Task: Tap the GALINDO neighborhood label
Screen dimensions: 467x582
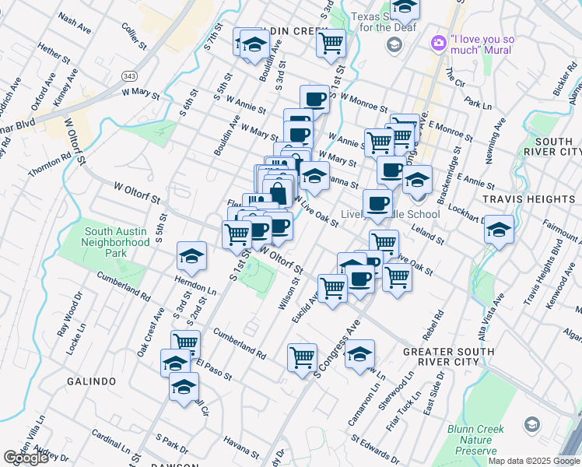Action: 91,381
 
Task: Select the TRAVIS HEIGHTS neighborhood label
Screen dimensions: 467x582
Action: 528,199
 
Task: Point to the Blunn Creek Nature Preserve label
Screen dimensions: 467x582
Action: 475,440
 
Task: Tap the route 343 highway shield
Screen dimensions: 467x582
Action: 129,75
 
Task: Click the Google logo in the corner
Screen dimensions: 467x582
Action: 26,458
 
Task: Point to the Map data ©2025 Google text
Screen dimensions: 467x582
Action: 534,461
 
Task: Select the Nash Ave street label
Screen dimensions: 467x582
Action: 75,20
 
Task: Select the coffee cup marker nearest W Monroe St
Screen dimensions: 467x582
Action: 314,99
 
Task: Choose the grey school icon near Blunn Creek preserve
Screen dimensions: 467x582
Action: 531,424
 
